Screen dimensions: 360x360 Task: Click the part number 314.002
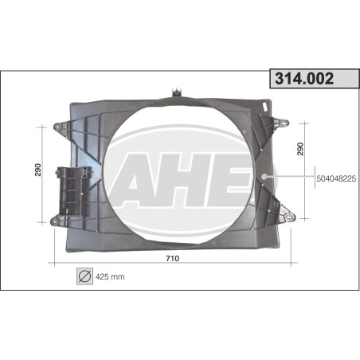pos(304,79)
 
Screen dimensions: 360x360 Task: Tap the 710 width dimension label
pos(173,258)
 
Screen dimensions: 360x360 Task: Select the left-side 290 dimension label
pos(38,170)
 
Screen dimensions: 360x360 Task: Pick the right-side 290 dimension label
pos(300,149)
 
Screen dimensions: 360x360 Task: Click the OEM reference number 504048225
pos(336,178)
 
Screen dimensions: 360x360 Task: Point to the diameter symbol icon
pos(85,276)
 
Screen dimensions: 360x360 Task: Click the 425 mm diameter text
pos(110,277)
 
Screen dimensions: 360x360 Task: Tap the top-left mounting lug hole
pos(57,127)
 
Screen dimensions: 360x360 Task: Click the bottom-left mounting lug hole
pos(54,221)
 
